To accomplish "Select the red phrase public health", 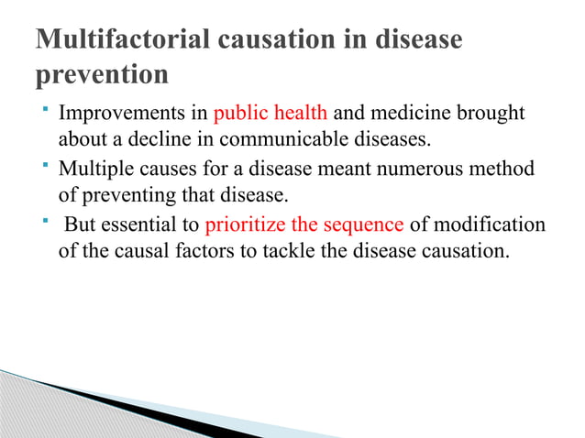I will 270,115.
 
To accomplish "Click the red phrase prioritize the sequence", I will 304,225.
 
